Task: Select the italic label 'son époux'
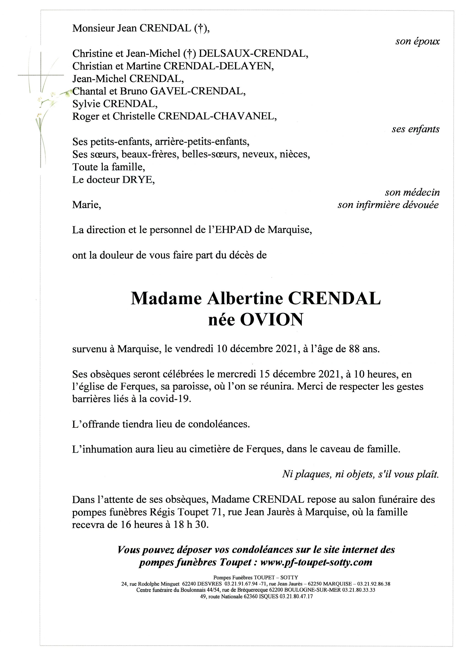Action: tap(417, 41)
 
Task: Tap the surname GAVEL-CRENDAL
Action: tap(198, 91)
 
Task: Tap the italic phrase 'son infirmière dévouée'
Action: tap(388, 205)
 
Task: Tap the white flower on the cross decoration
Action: tap(53, 94)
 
